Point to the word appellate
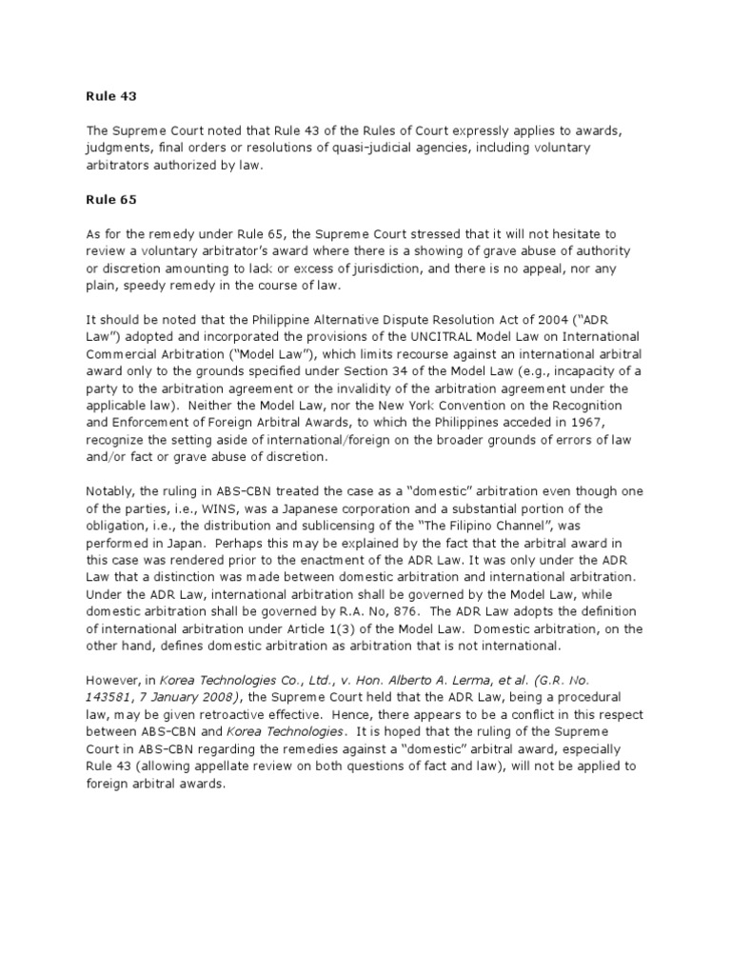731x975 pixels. coord(233,766)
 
